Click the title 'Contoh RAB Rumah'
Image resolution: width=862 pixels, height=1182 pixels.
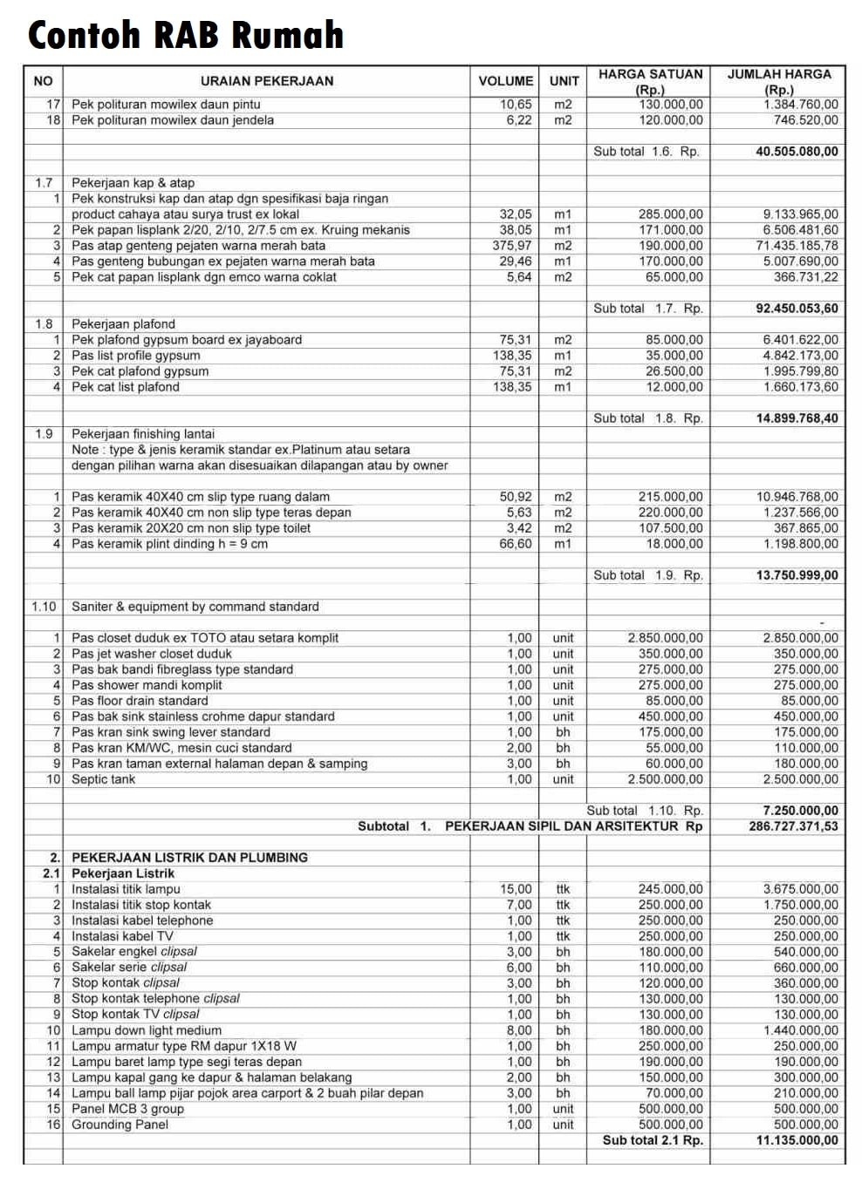pyautogui.click(x=186, y=35)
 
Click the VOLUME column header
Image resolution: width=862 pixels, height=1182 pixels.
pyautogui.click(x=505, y=81)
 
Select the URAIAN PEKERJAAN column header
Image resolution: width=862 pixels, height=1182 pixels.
pyautogui.click(x=267, y=81)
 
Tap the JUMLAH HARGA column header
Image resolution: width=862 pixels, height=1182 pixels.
pyautogui.click(x=779, y=81)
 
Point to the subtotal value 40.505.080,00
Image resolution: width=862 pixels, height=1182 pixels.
pyautogui.click(x=797, y=152)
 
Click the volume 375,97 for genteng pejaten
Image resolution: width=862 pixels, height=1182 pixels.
pyautogui.click(x=512, y=246)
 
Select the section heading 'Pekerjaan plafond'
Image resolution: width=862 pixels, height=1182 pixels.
pyautogui.click(x=123, y=324)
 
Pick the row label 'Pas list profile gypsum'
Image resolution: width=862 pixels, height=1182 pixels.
pyautogui.click(x=135, y=356)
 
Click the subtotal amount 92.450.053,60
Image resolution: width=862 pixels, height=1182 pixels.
pyautogui.click(x=797, y=309)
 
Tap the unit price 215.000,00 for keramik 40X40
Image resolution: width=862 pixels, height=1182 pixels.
pyautogui.click(x=670, y=497)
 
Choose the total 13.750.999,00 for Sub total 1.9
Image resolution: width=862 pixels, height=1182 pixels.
pyautogui.click(x=797, y=575)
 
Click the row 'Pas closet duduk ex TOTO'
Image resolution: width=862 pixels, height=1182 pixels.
pyautogui.click(x=205, y=638)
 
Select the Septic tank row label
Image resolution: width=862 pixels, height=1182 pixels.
pyautogui.click(x=103, y=779)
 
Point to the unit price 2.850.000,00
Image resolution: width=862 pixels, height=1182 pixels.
pyautogui.click(x=665, y=638)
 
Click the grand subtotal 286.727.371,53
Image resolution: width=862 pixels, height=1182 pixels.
pyautogui.click(x=793, y=826)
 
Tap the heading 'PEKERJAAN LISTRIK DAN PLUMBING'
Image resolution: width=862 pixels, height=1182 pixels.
pyautogui.click(x=189, y=858)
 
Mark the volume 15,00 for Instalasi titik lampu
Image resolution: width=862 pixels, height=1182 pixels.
pyautogui.click(x=516, y=889)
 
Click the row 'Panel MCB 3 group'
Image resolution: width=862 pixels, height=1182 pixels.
pyautogui.click(x=127, y=1109)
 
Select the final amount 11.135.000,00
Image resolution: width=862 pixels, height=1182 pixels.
pyautogui.click(x=797, y=1140)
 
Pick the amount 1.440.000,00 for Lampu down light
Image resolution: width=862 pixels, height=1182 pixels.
pyautogui.click(x=800, y=1030)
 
